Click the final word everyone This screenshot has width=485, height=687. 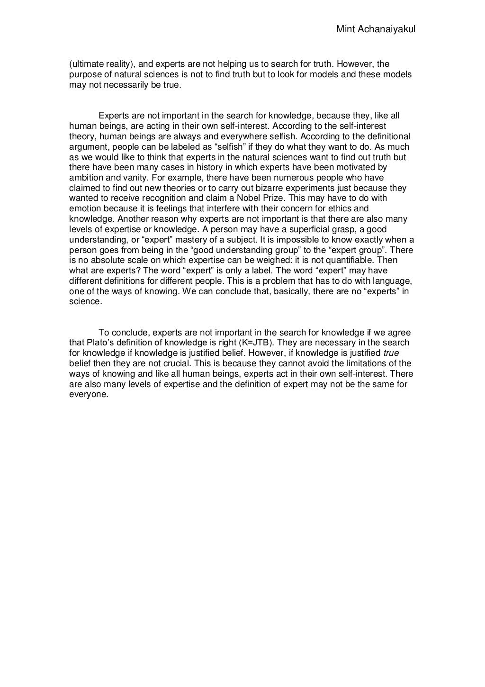[89, 395]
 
